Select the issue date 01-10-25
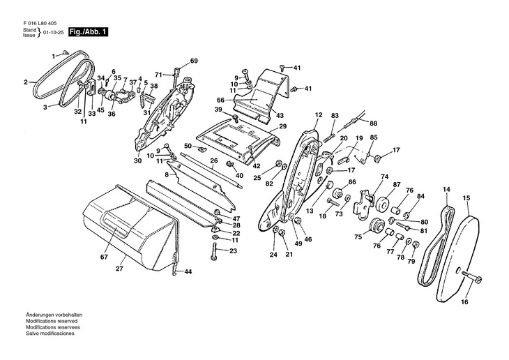click(x=54, y=33)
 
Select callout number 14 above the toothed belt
click(x=446, y=188)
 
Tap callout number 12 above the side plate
click(x=318, y=114)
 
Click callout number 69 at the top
click(x=194, y=61)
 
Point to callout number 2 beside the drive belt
click(x=26, y=82)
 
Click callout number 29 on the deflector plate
click(x=283, y=126)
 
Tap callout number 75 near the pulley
click(x=358, y=237)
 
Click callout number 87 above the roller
click(x=397, y=184)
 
